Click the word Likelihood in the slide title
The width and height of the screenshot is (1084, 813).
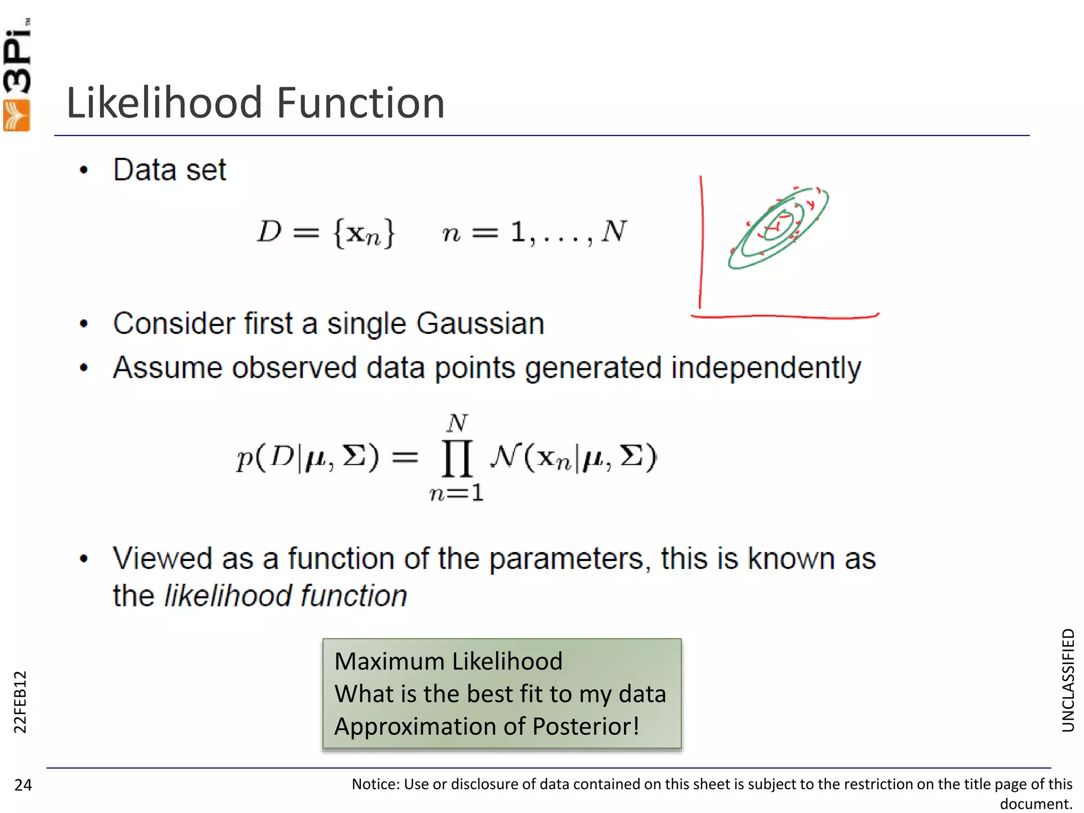coord(164,103)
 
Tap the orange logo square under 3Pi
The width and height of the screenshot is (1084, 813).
coord(16,116)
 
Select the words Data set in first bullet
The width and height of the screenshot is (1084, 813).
coord(169,170)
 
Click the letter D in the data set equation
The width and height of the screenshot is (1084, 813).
coord(269,231)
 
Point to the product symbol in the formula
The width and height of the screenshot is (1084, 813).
coord(457,458)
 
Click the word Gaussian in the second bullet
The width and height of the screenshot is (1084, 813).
coord(480,323)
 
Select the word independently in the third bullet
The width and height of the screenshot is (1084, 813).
coord(766,368)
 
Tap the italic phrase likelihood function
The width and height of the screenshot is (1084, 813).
coord(286,596)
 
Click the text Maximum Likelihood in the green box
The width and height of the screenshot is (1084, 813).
coord(448,662)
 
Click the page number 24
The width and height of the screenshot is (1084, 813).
coord(23,785)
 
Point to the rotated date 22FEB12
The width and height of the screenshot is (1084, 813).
coord(20,701)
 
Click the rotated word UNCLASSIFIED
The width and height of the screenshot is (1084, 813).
coord(1068,680)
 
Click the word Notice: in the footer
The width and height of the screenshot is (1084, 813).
coord(376,784)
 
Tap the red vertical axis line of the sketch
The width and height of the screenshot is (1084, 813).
coord(701,243)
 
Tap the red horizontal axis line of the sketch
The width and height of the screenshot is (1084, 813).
coord(783,317)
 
